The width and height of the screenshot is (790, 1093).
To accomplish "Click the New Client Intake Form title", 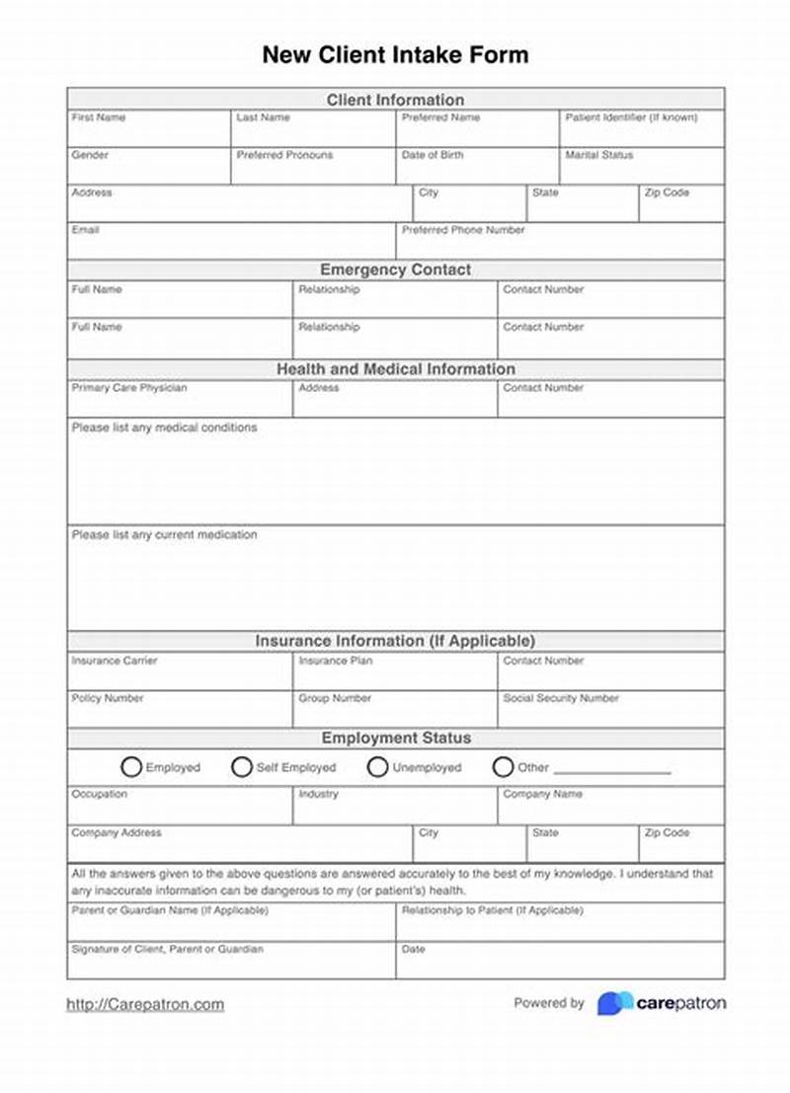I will pos(395,54).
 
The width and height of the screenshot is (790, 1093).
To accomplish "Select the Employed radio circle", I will pos(131,767).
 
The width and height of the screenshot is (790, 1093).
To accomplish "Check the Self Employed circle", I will pos(242,767).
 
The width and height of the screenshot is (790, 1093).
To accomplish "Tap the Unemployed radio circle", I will pos(377,767).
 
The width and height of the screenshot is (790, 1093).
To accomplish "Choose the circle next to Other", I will pos(503,767).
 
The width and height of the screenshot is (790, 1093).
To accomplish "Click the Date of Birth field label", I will pos(432,155).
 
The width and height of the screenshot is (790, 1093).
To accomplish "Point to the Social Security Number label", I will pos(560,698).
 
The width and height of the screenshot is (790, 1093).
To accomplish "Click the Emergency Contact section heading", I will pos(395,270).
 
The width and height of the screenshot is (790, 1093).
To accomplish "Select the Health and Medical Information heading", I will pos(395,369).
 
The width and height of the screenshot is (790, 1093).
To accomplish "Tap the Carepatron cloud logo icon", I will pos(614,1003).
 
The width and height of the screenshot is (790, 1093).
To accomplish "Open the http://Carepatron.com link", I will pos(145,1005).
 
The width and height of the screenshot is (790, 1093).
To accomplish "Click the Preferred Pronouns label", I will pos(284,155).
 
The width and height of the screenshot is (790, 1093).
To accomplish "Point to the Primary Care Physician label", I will pos(128,388).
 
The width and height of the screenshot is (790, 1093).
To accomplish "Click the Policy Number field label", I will pos(107,698).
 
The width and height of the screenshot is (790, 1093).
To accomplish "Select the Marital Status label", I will pos(598,155).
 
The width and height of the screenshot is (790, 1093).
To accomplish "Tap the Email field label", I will pos(85,230).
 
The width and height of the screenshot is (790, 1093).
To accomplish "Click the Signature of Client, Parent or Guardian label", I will pos(167,949).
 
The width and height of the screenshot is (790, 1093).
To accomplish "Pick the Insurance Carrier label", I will pos(114,661).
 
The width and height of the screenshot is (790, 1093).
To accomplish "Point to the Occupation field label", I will pos(99,794).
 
